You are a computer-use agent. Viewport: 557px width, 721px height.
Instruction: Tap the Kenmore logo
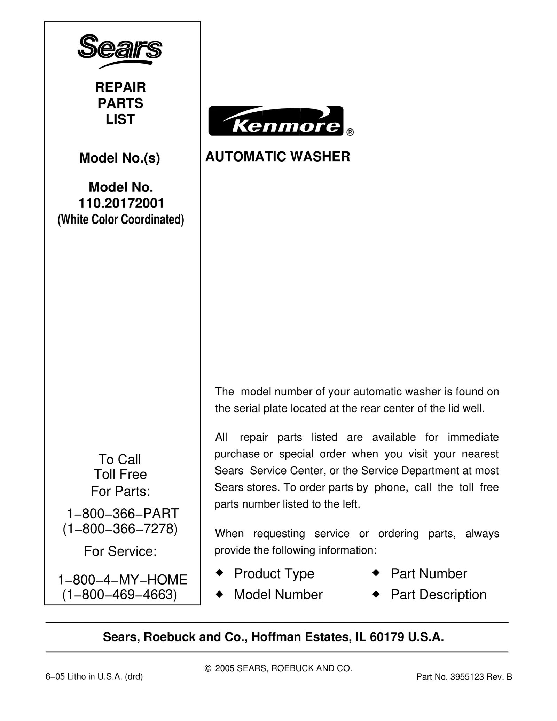tap(276, 121)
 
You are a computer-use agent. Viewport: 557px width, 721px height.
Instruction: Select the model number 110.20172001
tap(121, 203)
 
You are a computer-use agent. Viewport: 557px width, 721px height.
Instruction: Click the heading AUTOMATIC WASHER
tap(277, 157)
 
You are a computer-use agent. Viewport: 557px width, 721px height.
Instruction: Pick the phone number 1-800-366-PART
tap(123, 514)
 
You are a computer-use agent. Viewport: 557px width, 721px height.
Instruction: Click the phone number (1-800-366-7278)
tap(120, 529)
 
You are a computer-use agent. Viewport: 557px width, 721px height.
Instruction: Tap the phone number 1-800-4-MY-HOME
tap(122, 580)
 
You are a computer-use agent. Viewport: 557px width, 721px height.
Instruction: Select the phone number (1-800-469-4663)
tap(120, 595)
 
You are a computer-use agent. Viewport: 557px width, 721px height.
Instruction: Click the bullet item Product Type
tap(274, 573)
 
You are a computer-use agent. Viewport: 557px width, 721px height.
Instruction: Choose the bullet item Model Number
tap(278, 595)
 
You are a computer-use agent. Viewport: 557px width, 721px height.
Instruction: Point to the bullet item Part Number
tap(429, 573)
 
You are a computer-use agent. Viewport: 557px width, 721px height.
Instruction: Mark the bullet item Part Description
tap(438, 595)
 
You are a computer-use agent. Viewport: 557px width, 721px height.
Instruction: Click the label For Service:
tap(120, 551)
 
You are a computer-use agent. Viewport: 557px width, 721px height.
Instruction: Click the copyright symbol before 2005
tap(208, 668)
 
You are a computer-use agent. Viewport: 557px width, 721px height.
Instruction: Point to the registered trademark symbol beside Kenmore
tap(350, 132)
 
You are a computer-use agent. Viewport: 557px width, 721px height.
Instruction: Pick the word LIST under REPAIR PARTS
tap(120, 119)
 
